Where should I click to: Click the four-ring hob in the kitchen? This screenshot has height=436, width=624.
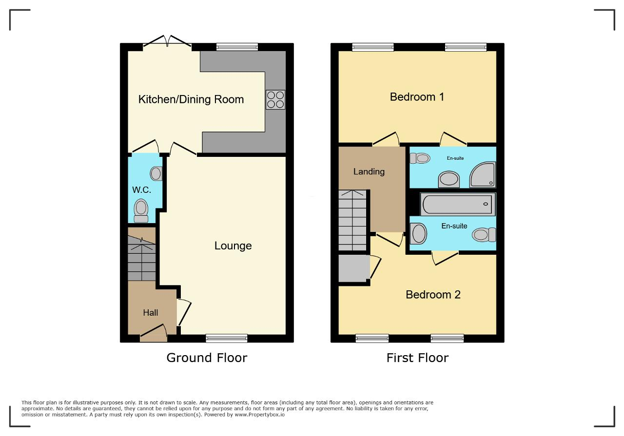coord(275,99)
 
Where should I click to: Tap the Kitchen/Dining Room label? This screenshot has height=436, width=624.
coord(191,99)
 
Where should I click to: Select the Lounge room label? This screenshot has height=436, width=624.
coord(233,246)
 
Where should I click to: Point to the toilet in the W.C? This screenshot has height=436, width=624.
coord(141,210)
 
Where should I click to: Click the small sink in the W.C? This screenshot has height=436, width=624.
coord(156,173)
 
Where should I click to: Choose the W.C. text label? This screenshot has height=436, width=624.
coord(141,190)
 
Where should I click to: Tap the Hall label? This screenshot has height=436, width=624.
coord(151,313)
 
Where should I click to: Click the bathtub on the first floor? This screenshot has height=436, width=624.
coord(458,204)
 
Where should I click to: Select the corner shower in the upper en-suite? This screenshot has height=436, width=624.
coord(483,174)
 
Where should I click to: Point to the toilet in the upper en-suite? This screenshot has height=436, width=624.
coord(420,158)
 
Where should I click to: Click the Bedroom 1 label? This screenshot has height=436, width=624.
coord(417,97)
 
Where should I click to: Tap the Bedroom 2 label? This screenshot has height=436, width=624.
coord(433,295)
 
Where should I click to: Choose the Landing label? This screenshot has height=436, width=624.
coord(369,171)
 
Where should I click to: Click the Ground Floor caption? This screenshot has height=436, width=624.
coord(207,358)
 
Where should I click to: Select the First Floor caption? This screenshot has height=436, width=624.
coord(417,358)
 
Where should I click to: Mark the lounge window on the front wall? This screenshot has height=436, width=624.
coord(227,338)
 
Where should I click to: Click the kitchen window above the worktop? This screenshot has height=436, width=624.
coord(237,47)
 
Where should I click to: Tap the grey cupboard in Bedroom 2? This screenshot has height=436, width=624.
coord(354,268)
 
